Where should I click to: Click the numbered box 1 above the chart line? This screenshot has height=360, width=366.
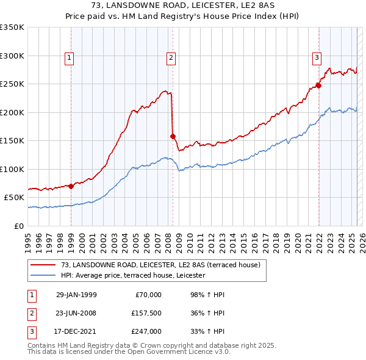pyautogui.click(x=69, y=59)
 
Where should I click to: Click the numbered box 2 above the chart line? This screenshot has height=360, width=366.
pyautogui.click(x=170, y=59)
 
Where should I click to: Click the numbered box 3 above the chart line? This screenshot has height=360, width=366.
pyautogui.click(x=317, y=59)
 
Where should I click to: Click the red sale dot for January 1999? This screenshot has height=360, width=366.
pyautogui.click(x=71, y=186)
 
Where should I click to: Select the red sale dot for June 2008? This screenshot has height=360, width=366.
pyautogui.click(x=173, y=136)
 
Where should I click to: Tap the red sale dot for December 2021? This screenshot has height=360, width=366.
pyautogui.click(x=318, y=85)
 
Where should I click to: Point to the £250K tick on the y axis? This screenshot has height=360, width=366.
pyautogui.click(x=13, y=84)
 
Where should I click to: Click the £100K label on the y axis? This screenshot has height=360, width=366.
pyautogui.click(x=13, y=169)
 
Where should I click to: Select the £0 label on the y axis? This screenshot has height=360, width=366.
pyautogui.click(x=18, y=226)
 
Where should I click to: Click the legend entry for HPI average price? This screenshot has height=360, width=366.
pyautogui.click(x=133, y=276)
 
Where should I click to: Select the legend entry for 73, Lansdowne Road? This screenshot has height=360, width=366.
pyautogui.click(x=160, y=265)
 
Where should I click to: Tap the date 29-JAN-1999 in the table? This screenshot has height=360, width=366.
pyautogui.click(x=76, y=295)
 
